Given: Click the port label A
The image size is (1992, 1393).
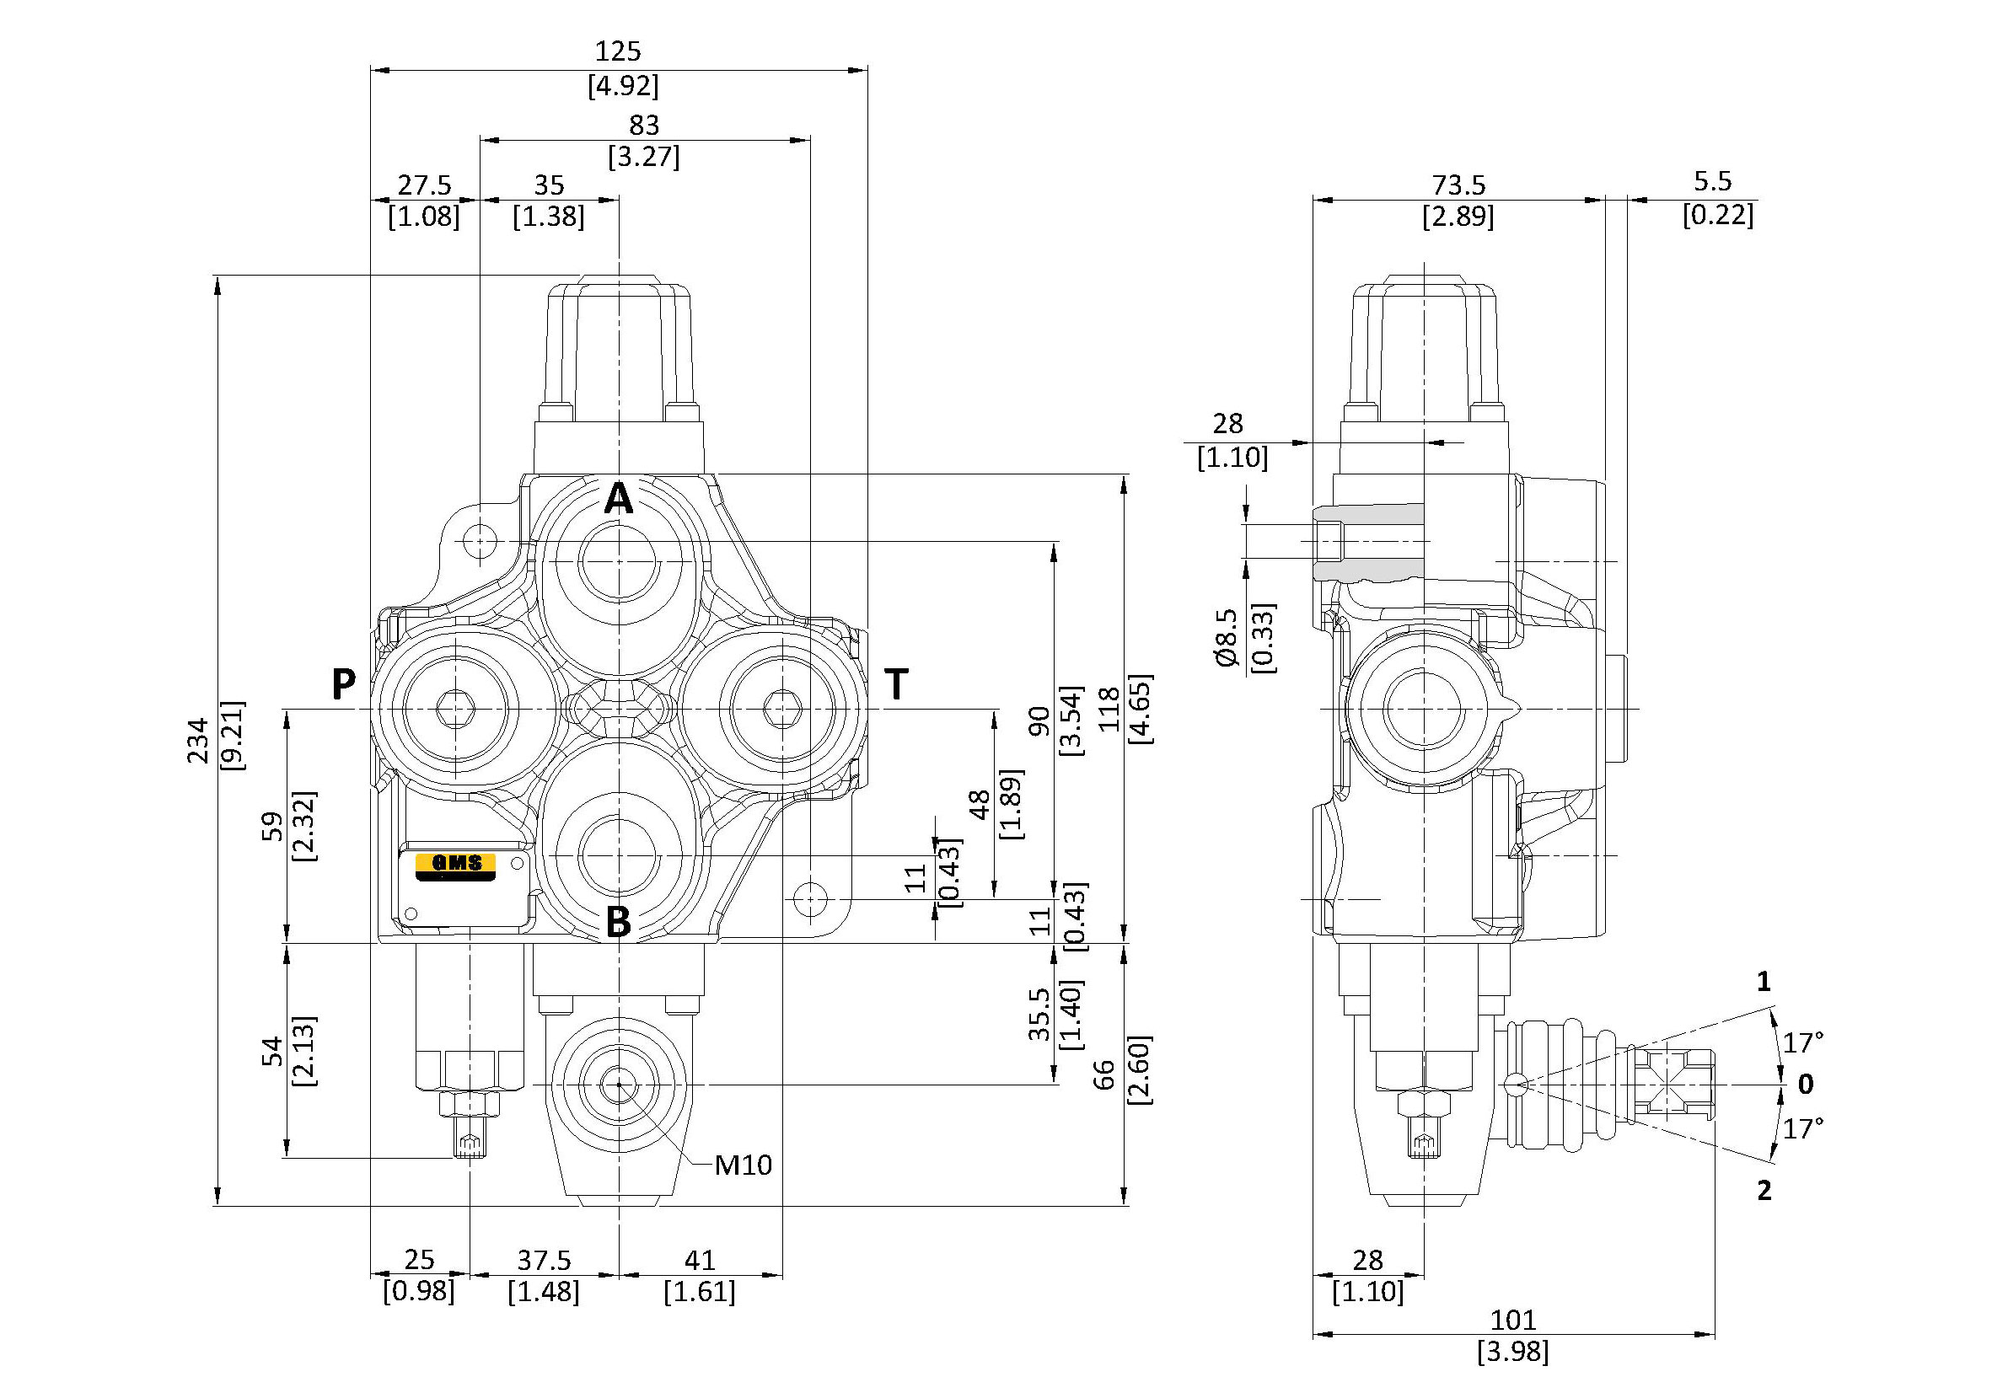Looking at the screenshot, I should [618, 500].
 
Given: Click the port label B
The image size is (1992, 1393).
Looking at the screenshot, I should [618, 922].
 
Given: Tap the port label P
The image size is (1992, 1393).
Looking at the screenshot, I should [344, 685].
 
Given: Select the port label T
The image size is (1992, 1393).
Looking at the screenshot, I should [896, 685].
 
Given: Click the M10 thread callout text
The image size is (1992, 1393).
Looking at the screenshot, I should [743, 1165].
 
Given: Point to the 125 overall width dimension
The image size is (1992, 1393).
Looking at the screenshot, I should [619, 51].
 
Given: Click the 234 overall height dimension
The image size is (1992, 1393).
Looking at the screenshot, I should [200, 739].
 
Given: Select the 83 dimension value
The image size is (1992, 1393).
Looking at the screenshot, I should [644, 125].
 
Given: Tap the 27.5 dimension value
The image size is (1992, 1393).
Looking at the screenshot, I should [424, 185].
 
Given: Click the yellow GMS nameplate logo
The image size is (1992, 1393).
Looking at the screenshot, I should [454, 865].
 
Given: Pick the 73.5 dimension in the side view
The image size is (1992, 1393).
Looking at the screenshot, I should [1458, 185].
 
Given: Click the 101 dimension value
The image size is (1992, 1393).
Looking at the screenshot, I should [1513, 1321].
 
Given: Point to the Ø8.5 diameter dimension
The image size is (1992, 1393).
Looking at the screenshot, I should [1226, 639].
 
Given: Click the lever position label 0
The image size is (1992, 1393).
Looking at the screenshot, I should [1806, 1085].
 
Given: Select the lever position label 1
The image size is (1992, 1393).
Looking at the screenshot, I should [1764, 982].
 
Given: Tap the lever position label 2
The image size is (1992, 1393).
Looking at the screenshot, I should [1764, 1191].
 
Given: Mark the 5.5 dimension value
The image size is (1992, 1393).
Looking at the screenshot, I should [1712, 181].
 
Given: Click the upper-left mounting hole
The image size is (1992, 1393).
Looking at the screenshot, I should [480, 542].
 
